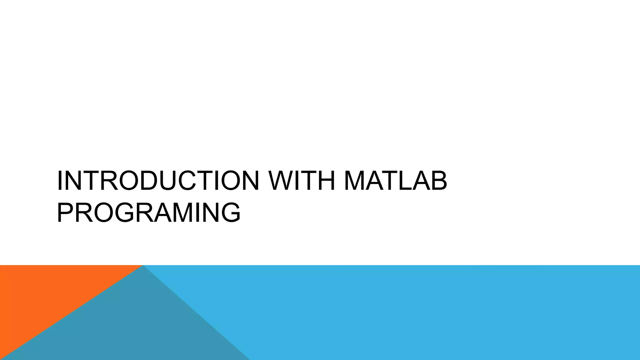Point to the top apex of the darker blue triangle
[143, 266]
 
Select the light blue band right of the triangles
[437, 312]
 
